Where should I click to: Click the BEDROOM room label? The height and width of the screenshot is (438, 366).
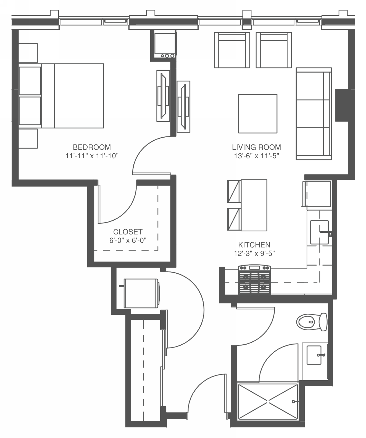92,147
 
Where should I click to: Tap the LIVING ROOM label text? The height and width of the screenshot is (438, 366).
256,147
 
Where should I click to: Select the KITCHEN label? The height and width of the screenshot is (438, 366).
254,245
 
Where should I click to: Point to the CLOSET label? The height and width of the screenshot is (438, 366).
128,232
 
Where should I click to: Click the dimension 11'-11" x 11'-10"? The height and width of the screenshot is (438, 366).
92,156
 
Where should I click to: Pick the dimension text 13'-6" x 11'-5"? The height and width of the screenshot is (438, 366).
256,156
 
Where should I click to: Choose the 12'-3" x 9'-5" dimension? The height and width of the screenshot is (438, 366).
254,254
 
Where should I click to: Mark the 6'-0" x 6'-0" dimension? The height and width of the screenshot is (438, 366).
128,240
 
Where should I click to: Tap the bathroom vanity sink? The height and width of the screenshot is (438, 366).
314,355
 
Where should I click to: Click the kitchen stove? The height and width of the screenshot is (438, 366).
254,280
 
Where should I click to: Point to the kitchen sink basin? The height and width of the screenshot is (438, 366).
319,232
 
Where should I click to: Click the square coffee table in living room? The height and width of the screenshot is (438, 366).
257,114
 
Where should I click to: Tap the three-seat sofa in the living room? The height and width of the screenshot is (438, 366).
314,114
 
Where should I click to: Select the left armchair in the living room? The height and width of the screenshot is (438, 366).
232,50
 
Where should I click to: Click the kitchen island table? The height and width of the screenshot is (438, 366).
254,205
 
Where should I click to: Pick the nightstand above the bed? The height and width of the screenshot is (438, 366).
28,53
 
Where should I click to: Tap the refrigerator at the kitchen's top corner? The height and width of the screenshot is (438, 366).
317,194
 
